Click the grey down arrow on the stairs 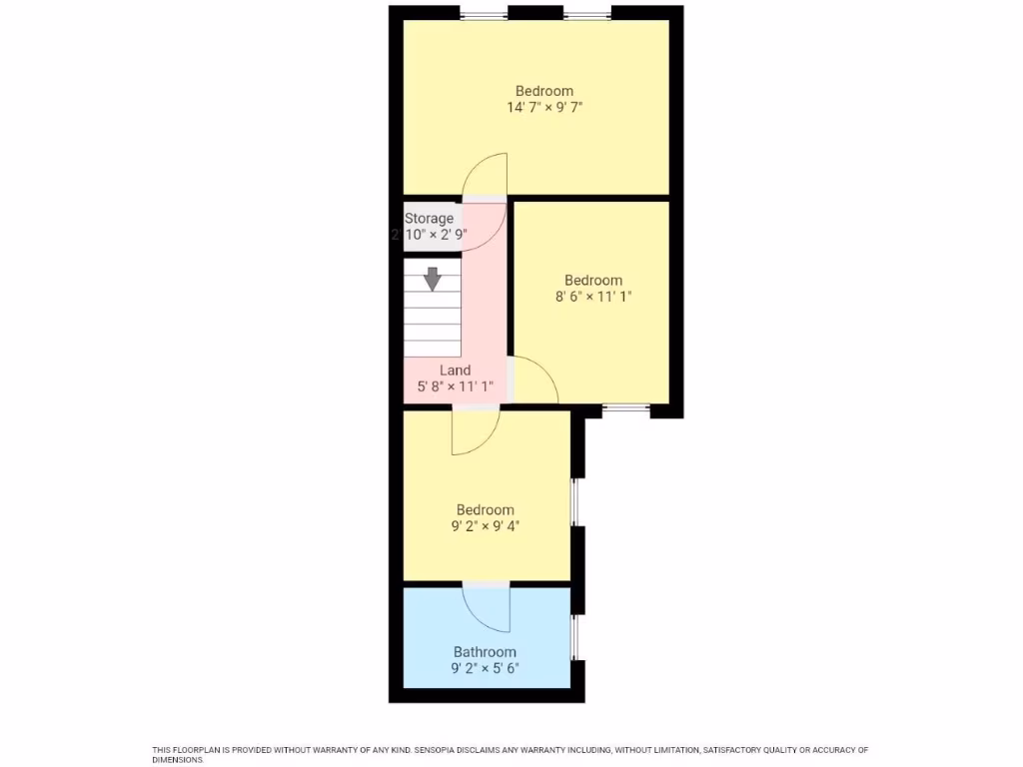tap(432, 279)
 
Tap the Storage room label tap(429, 218)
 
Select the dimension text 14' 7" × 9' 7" tap(544, 106)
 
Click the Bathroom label tap(485, 652)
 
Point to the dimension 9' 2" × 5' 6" tap(485, 669)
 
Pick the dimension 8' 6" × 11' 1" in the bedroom tap(593, 297)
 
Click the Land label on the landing tap(455, 371)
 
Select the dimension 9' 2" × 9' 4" tap(485, 526)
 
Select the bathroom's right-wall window tap(574, 637)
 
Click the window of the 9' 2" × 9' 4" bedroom tap(574, 502)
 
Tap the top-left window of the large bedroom tap(483, 14)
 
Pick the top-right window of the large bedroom tap(586, 14)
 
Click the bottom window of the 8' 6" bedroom tap(626, 407)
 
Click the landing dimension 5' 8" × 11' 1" tap(455, 386)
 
